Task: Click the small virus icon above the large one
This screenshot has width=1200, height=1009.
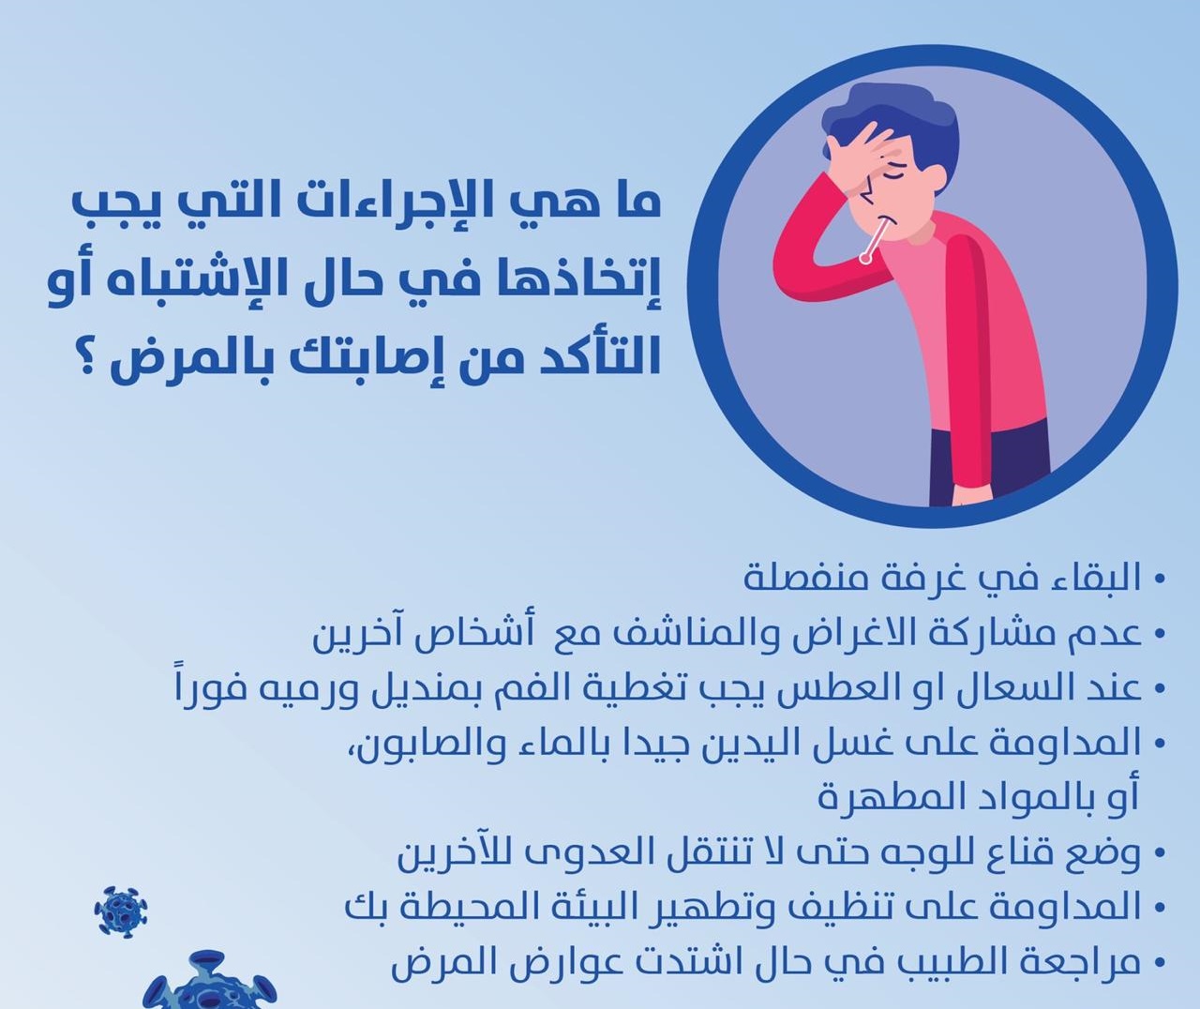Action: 121,912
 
